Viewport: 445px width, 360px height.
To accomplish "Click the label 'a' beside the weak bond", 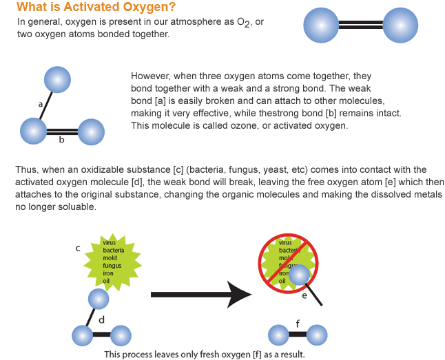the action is (41, 103).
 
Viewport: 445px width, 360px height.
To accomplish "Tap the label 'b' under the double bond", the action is (61, 140).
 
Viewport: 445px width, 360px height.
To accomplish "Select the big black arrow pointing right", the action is (200, 295).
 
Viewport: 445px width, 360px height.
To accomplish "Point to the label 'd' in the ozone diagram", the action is (101, 319).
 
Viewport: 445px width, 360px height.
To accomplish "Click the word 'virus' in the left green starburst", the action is (110, 242).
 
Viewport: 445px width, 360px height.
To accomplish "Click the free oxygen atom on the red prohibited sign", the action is (299, 275).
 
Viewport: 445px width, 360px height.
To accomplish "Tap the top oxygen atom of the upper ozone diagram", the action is (56, 80).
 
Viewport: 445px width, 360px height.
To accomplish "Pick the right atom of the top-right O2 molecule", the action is (400, 27).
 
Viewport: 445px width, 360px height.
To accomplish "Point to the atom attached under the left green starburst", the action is (99, 299).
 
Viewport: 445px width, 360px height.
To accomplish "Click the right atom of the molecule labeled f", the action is (317, 336).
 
